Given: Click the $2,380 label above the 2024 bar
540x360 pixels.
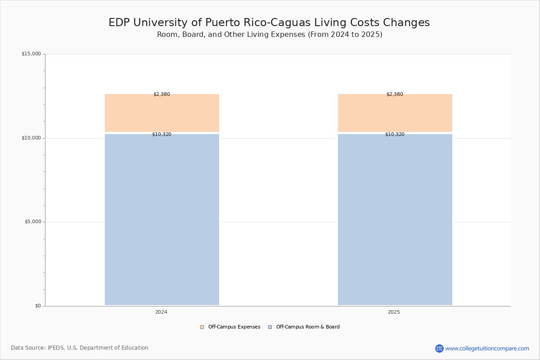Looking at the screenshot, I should pos(162,94).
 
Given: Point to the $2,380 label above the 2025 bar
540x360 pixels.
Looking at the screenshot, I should pos(395,94).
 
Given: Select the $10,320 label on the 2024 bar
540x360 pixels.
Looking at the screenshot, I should pos(162,135).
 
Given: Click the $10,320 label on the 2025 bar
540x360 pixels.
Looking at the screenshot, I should pos(395,135).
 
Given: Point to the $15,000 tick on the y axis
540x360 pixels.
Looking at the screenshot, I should pos(31,54).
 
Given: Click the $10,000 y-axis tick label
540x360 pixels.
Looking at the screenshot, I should pos(31,138).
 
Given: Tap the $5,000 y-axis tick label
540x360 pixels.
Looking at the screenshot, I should pos(32,222).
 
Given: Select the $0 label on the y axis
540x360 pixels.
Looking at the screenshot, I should pos(38,306).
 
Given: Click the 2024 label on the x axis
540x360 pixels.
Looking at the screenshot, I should pos(161,312).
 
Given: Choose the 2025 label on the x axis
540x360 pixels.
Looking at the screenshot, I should pos(394,312).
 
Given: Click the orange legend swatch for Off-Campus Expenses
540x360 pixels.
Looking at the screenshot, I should pos(202,327).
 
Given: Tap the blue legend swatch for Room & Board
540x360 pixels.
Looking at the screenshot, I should pos(270,327).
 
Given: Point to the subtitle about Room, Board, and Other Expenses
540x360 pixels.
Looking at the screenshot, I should pos(270,35).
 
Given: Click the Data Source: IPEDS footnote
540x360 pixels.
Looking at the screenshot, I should pos(80,348).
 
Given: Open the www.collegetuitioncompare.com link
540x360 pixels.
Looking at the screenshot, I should pos(487,348).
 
